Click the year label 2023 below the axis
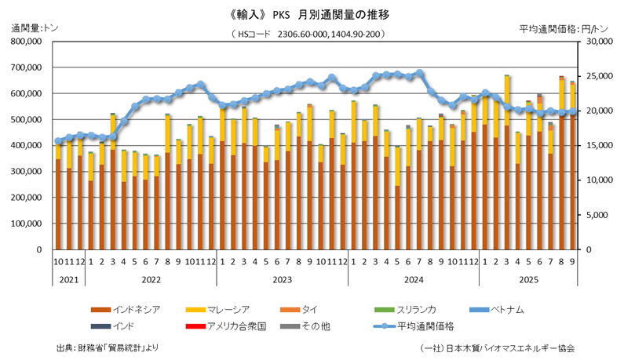[x=283, y=278]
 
